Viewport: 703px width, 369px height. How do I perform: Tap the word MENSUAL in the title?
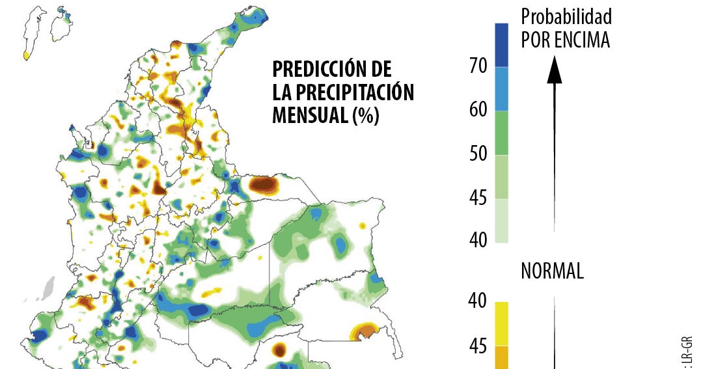[x=309, y=115]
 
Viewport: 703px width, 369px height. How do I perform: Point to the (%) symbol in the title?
[x=365, y=115]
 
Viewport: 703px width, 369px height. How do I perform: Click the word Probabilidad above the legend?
[x=566, y=16]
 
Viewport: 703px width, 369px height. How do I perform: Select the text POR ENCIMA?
[x=565, y=40]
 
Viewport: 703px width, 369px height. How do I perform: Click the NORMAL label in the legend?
[x=552, y=271]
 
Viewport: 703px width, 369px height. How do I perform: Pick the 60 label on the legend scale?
[x=478, y=110]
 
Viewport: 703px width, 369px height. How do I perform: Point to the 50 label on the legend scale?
[x=478, y=154]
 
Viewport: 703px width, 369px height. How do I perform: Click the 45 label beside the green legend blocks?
[x=478, y=198]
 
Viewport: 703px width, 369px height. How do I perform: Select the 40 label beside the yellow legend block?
[x=478, y=301]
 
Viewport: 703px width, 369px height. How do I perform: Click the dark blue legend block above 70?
[x=501, y=45]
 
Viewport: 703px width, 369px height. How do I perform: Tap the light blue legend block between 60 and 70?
[x=501, y=89]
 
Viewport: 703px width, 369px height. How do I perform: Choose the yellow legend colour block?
[x=501, y=323]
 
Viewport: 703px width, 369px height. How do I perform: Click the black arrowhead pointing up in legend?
[x=554, y=70]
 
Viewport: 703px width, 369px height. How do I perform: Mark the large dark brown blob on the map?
[x=264, y=185]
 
